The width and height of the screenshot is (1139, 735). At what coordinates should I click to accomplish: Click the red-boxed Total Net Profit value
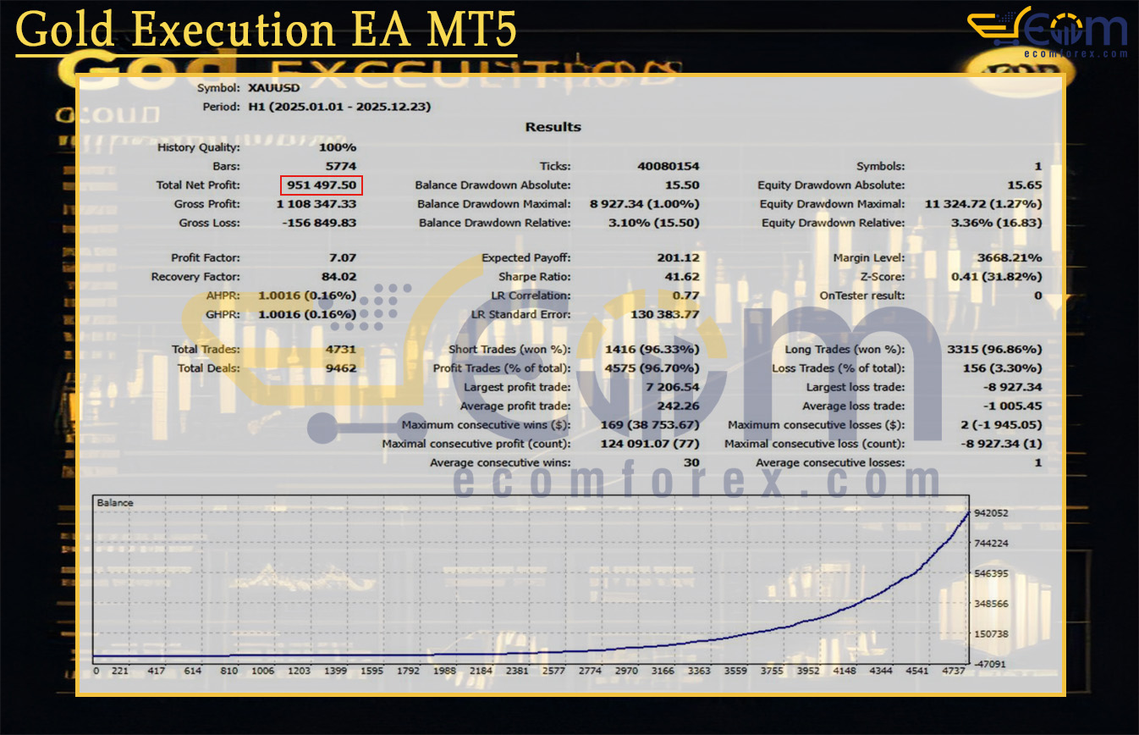[322, 185]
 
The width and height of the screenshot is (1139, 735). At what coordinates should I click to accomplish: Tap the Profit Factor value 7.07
[342, 258]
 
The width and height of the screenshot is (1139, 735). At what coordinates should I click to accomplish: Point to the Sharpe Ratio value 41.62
[682, 277]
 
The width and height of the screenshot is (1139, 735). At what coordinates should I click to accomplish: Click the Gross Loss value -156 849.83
[316, 223]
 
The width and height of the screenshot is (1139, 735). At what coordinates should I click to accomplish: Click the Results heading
[553, 127]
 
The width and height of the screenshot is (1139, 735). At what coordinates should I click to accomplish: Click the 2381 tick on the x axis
[517, 671]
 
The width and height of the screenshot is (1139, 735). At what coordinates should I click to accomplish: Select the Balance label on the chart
[115, 503]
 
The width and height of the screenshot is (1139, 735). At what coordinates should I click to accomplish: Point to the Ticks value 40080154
[668, 167]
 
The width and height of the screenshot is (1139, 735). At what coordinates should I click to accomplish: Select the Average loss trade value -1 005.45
[1011, 406]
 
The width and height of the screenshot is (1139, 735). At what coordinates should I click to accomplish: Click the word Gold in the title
[65, 32]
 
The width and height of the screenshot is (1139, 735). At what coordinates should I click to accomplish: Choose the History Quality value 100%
[338, 147]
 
